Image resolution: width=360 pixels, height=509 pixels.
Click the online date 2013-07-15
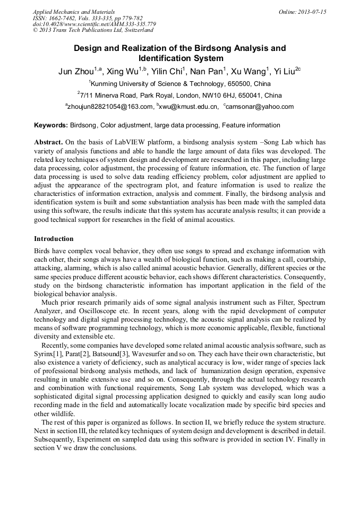tap(310, 11)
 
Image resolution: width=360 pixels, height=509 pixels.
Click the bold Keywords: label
tap(51, 125)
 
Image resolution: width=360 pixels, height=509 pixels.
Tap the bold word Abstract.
tap(48, 143)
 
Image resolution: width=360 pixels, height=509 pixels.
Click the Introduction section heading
tap(54, 239)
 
